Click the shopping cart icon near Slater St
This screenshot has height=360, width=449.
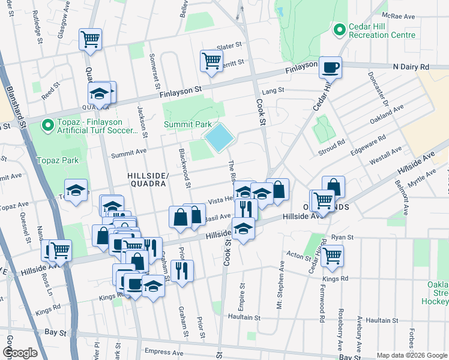(211, 60)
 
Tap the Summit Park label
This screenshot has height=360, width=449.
(188, 124)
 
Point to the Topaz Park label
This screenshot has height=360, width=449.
(58, 161)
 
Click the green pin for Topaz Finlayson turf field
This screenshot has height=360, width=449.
(47, 126)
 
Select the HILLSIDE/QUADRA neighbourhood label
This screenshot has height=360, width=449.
(146, 179)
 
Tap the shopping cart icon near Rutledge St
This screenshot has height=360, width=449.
(90, 40)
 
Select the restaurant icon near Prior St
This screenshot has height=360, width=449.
(182, 270)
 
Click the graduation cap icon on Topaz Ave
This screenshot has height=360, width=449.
(76, 190)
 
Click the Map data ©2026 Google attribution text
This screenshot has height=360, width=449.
(412, 355)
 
